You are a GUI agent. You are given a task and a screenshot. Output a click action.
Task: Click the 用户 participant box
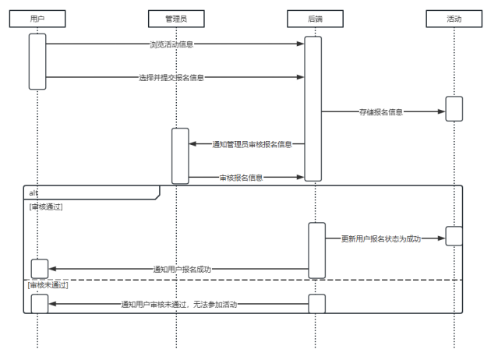coord(37,19)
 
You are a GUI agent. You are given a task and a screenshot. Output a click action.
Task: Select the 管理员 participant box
coord(176,19)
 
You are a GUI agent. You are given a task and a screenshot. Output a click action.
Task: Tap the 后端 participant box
coord(316,19)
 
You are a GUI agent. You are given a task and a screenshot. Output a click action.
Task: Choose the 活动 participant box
coord(454,19)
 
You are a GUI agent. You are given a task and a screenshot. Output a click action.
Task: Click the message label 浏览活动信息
coord(171,44)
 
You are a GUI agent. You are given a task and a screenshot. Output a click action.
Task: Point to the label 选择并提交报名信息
coord(171,78)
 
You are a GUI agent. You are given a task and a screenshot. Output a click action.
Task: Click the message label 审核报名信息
coord(241,178)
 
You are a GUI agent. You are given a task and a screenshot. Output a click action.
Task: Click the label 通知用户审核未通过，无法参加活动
coord(178,304)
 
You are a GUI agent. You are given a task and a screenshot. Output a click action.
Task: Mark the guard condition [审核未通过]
coord(48,285)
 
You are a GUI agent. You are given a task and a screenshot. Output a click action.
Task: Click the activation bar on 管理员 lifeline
coord(180,156)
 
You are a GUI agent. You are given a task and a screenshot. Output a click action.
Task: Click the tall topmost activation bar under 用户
coord(37,61)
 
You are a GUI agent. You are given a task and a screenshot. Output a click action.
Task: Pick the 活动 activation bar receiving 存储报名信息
coord(454,108)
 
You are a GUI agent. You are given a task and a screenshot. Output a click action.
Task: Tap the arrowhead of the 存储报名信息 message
coord(441,112)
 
